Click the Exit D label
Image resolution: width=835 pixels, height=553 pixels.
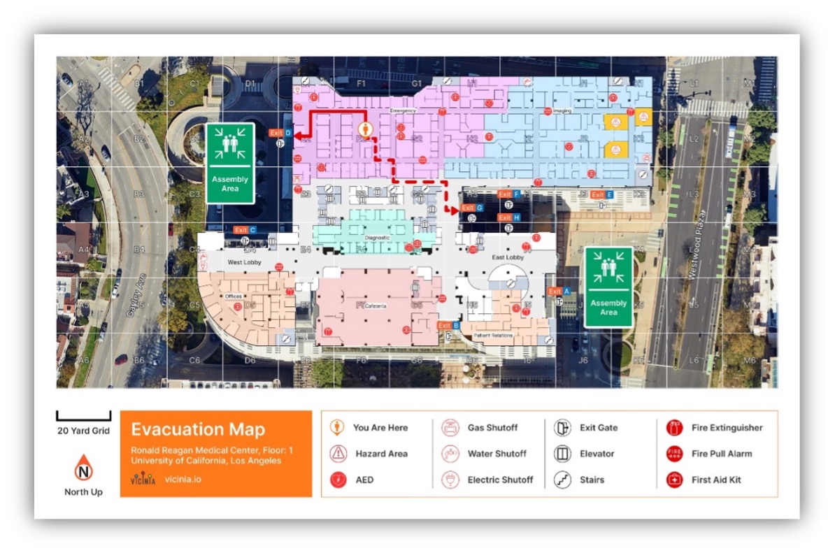[x=280, y=133]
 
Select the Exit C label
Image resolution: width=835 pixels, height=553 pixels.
[x=245, y=229]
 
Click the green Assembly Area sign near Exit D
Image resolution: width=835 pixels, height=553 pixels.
[x=229, y=163]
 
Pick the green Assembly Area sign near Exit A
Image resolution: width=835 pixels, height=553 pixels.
[x=608, y=287]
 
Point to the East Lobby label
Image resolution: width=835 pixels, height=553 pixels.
[x=508, y=257]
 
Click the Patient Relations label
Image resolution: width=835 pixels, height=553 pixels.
[x=493, y=336]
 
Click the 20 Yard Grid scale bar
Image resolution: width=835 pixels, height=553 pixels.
[x=83, y=416]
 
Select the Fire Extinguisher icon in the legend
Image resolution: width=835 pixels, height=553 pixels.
[x=674, y=428]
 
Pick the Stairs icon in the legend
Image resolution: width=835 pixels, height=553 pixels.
[x=562, y=480]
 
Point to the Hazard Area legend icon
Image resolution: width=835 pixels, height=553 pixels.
[x=338, y=453]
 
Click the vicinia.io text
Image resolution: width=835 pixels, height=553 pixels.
[x=183, y=480]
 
